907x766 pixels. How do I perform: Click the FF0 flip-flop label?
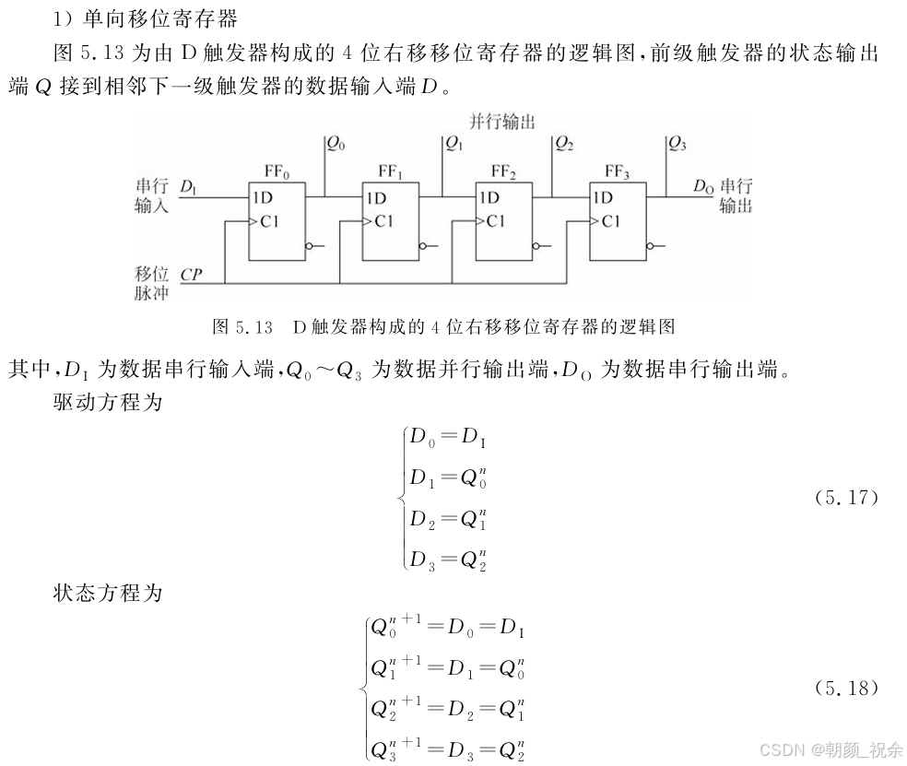(x=276, y=171)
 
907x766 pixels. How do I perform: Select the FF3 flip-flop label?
(x=617, y=171)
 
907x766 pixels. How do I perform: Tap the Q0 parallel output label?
(x=336, y=143)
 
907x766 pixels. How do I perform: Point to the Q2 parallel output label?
(x=564, y=143)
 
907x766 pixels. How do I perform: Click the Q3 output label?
(x=677, y=143)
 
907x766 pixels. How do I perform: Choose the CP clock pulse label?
(x=192, y=275)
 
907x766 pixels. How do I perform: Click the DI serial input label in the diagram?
(x=189, y=188)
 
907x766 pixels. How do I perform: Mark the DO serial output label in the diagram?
(x=703, y=187)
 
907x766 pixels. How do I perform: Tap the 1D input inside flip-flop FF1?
(x=375, y=197)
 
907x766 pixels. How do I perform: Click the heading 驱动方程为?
(x=108, y=403)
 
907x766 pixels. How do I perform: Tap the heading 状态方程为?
(x=108, y=593)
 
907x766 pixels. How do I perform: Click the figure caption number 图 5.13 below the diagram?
(x=242, y=326)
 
